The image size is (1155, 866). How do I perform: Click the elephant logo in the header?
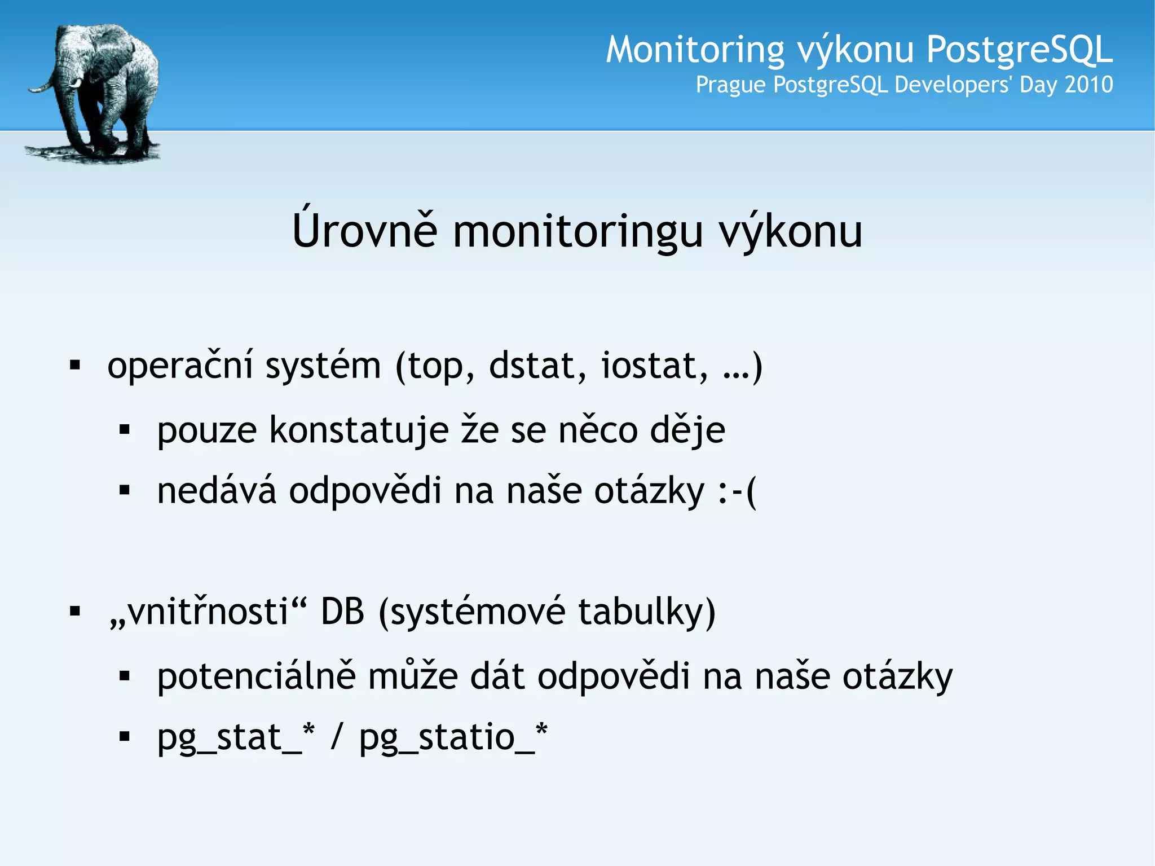pyautogui.click(x=93, y=93)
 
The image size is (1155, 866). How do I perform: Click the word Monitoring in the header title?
pyautogui.click(x=695, y=50)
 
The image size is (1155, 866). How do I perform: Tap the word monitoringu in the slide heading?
pyautogui.click(x=578, y=231)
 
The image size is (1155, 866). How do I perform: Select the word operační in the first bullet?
pyautogui.click(x=180, y=366)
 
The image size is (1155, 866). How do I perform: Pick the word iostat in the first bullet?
pyautogui.click(x=654, y=366)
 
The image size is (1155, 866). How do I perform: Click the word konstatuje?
pyautogui.click(x=359, y=430)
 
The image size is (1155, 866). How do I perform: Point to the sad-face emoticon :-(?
pyautogui.click(x=737, y=491)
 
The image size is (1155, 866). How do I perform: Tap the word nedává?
pyautogui.click(x=217, y=490)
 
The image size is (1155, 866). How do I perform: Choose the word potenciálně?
pyautogui.click(x=257, y=676)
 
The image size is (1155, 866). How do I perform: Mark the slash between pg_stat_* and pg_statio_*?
pyautogui.click(x=337, y=737)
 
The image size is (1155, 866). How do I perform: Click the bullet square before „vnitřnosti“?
pyautogui.click(x=75, y=611)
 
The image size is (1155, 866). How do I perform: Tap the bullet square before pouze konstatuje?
pyautogui.click(x=125, y=430)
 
